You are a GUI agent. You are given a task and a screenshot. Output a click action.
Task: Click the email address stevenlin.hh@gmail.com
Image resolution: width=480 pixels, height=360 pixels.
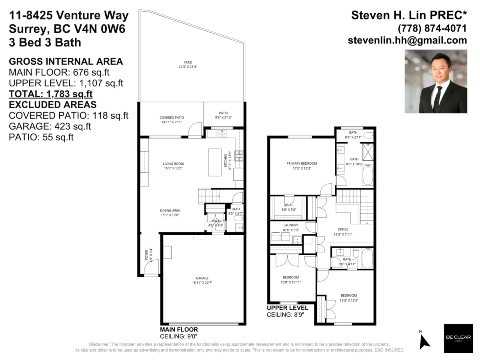[x=407, y=40]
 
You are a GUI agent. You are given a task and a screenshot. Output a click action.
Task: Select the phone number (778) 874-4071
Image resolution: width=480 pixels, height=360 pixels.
[x=432, y=28]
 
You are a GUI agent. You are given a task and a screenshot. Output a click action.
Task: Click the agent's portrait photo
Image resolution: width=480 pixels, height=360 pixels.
[x=436, y=82]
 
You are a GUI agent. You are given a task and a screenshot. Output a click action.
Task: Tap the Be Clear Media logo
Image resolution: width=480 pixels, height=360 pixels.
[x=456, y=338]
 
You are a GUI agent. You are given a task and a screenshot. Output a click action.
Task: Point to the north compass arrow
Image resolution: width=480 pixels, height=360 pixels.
[x=424, y=340]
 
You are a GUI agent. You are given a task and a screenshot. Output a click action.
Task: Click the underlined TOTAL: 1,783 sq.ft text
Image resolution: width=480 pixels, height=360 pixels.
[x=50, y=94]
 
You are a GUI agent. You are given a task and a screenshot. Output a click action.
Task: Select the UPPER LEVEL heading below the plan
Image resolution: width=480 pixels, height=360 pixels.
[x=288, y=308]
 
